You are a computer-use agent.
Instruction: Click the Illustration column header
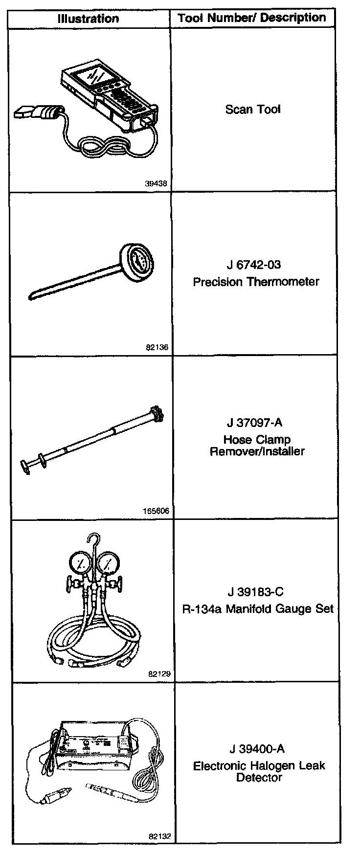pyautogui.click(x=88, y=19)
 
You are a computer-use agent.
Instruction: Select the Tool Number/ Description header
pyautogui.click(x=252, y=18)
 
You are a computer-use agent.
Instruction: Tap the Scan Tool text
pyautogui.click(x=253, y=109)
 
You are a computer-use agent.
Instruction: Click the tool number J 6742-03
pyautogui.click(x=254, y=265)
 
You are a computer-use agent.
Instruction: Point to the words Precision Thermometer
pyautogui.click(x=256, y=282)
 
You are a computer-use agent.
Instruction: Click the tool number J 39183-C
pyautogui.click(x=255, y=592)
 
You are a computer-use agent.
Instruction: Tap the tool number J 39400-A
pyautogui.click(x=256, y=749)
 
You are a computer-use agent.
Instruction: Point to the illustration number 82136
pyautogui.click(x=157, y=347)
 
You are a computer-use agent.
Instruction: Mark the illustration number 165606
pyautogui.click(x=156, y=511)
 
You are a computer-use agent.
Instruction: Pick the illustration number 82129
pyautogui.click(x=158, y=674)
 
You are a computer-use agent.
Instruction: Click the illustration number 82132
pyautogui.click(x=159, y=836)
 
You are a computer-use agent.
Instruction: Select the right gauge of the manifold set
pyautogui.click(x=111, y=562)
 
